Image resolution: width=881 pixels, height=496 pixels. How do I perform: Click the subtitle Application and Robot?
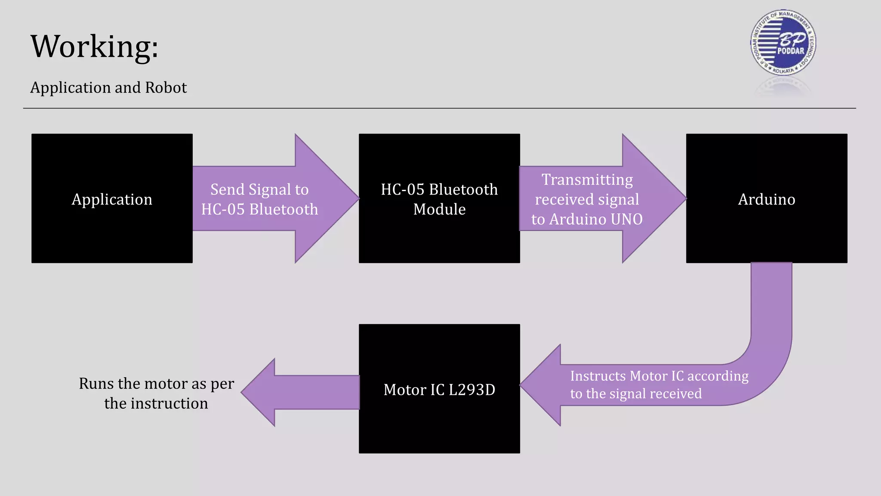pos(108,88)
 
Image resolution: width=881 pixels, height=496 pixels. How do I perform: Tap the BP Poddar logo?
pos(782,43)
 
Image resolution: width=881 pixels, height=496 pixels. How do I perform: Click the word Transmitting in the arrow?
pos(587,180)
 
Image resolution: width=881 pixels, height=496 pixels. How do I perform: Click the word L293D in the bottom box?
pos(472,390)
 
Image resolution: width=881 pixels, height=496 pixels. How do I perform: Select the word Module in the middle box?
pos(439,209)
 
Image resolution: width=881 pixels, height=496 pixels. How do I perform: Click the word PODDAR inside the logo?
pos(791,51)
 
